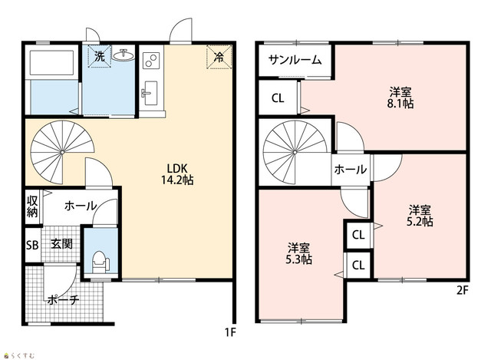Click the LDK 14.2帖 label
tap(177, 174)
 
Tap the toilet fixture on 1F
tap(101, 262)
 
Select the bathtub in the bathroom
tap(51, 63)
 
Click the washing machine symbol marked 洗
tap(100, 56)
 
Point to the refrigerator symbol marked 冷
tap(219, 57)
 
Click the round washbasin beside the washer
tap(124, 55)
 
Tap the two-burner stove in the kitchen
tap(151, 61)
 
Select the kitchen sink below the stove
tap(150, 94)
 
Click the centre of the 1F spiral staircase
tap(62, 152)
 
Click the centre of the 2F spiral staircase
tap(295, 152)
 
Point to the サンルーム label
tap(295, 60)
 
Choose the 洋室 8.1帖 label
tap(400, 97)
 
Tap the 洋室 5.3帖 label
tap(298, 254)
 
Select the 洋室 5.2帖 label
tap(420, 216)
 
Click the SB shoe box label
tap(32, 245)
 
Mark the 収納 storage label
tap(32, 206)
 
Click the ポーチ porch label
tap(64, 300)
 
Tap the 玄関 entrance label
tap(61, 244)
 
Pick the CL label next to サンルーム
tap(278, 98)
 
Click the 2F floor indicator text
tap(463, 291)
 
